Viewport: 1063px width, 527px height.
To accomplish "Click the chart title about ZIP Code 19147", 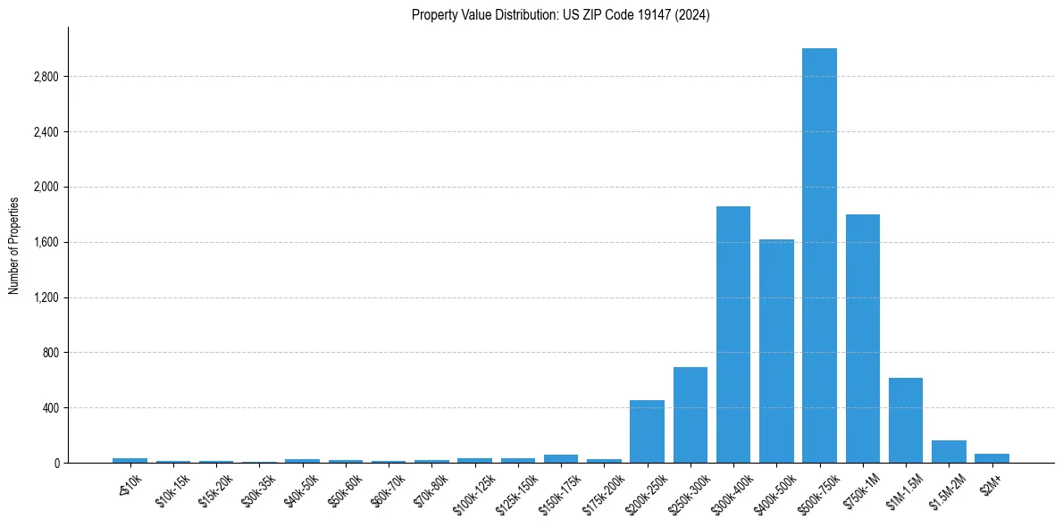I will (x=560, y=15).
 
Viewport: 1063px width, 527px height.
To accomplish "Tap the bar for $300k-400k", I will (x=732, y=335).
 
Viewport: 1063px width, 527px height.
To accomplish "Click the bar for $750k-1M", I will (x=862, y=339).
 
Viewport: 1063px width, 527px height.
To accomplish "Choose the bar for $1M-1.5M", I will (x=905, y=420).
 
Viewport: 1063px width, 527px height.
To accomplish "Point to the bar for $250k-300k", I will (x=690, y=415).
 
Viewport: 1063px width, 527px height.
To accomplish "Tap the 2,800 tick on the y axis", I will (x=45, y=77).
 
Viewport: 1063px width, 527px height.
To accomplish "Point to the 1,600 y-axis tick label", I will (x=45, y=242).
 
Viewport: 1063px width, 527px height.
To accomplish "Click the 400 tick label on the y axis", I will (x=50, y=408).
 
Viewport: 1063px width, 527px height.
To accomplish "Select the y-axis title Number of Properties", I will (x=14, y=245).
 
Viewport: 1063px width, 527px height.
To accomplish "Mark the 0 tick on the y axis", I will (x=57, y=463).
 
